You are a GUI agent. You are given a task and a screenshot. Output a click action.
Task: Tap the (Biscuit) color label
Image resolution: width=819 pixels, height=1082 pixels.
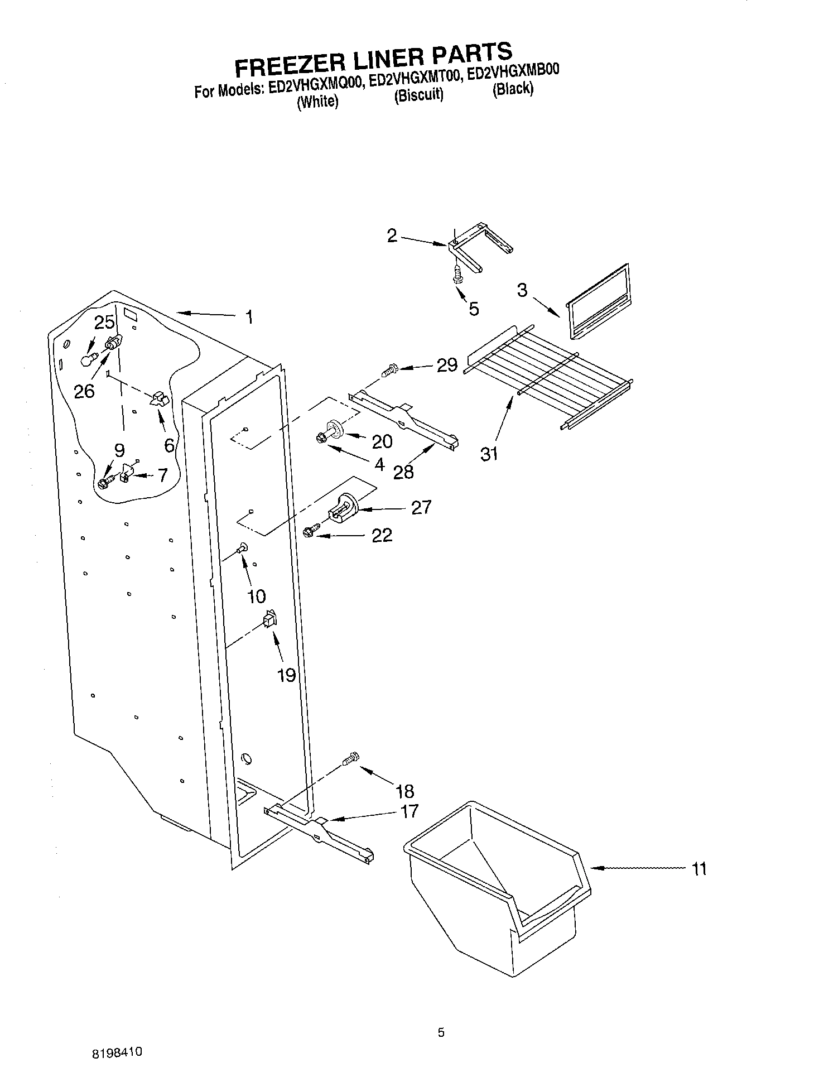tap(418, 95)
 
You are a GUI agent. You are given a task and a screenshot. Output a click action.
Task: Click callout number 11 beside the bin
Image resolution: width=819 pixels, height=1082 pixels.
tap(698, 869)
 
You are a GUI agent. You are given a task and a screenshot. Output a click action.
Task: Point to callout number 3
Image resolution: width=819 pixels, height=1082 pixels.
tap(522, 290)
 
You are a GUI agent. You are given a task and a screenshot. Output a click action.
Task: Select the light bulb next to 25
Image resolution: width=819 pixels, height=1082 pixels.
tap(86, 359)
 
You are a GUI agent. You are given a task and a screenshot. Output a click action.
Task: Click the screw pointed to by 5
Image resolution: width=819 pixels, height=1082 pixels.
tap(457, 275)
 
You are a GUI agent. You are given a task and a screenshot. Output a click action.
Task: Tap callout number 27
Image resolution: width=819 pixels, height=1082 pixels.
tap(421, 507)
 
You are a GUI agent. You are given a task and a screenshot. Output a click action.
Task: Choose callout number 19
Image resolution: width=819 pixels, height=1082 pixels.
tap(286, 675)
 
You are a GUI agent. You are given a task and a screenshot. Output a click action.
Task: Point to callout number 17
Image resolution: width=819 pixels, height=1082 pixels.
tap(409, 811)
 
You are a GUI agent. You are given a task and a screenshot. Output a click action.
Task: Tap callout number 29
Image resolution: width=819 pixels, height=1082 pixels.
tap(447, 366)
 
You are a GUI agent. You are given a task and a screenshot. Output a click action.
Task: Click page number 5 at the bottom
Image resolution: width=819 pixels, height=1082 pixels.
tap(441, 1032)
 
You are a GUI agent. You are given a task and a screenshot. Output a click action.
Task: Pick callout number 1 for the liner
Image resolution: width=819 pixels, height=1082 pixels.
tap(249, 318)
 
